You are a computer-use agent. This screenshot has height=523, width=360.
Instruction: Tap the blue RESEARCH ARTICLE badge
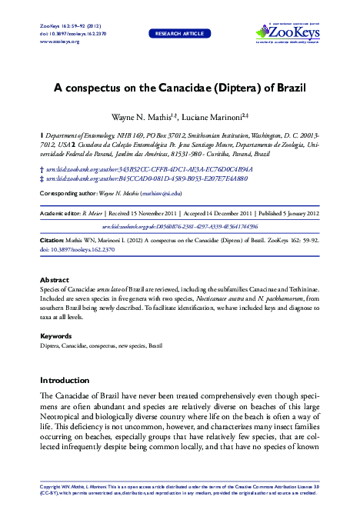pos(180,34)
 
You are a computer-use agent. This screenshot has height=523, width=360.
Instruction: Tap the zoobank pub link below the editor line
pos(180,228)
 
